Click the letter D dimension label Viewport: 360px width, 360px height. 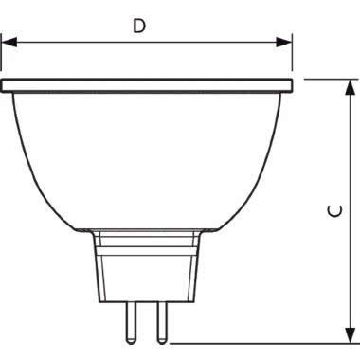tap(139, 26)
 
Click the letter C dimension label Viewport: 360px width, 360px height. tap(335, 211)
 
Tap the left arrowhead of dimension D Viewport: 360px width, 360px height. tap(9, 42)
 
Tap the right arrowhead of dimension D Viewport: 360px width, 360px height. tap(283, 42)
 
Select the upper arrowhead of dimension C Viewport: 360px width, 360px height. tap(350, 87)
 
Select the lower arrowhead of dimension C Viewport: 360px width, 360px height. tap(350, 335)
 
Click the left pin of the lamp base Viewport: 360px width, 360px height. tap(130, 323)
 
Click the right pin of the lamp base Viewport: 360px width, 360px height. tap(162, 323)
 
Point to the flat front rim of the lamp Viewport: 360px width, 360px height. tap(147, 85)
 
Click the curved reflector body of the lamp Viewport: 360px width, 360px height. tap(147, 161)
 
